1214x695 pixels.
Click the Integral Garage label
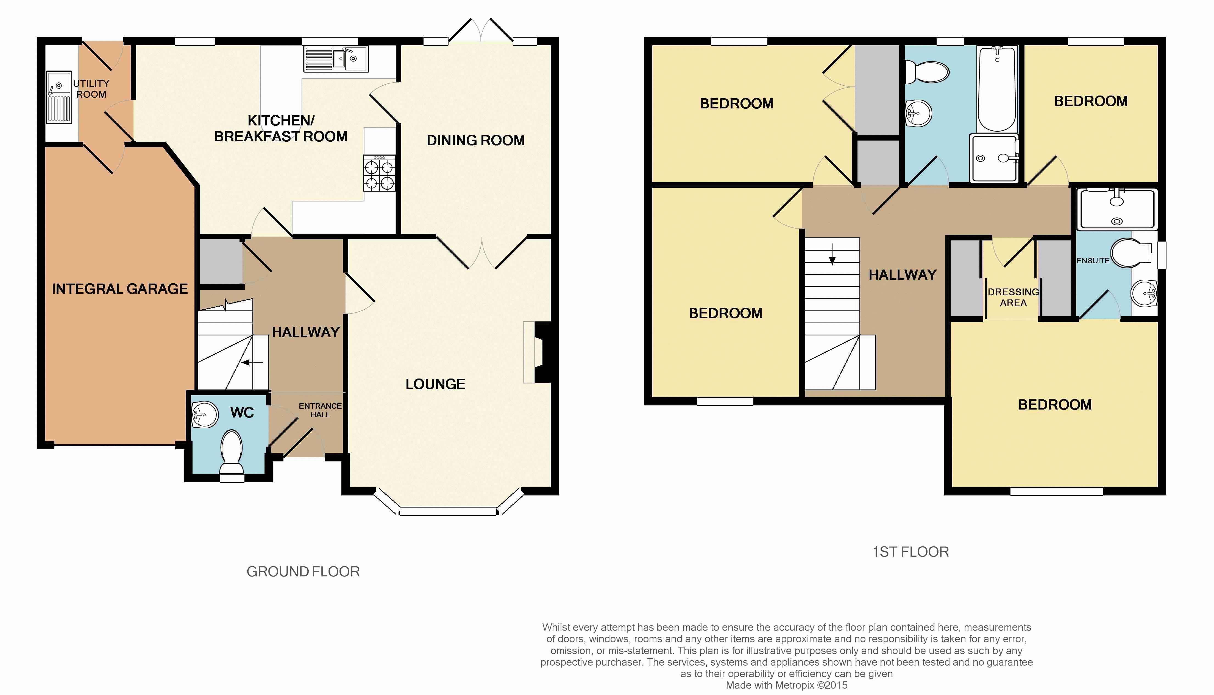pos(120,289)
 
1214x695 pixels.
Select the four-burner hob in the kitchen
pos(380,173)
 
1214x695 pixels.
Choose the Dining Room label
pos(476,140)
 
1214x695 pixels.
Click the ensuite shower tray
pos(1116,209)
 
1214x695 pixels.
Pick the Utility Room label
pos(91,89)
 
